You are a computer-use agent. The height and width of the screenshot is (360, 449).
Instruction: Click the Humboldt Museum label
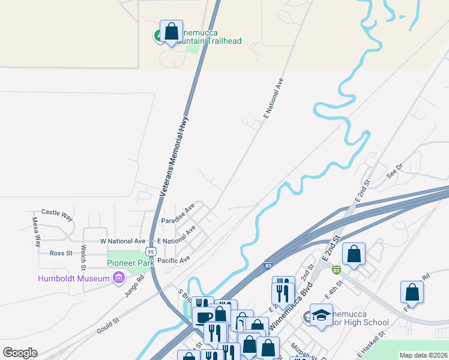(73, 278)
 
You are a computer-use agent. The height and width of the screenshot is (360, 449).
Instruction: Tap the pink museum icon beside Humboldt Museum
(118, 278)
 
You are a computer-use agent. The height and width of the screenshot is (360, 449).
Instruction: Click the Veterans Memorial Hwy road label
(174, 157)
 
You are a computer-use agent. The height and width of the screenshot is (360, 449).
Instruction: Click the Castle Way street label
(56, 212)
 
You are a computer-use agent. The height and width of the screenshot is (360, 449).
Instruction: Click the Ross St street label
(61, 253)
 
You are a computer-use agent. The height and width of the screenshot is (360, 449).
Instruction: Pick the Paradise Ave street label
(178, 215)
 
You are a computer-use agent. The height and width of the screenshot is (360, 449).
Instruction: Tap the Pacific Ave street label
(173, 260)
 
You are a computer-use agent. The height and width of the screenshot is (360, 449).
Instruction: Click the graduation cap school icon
(321, 316)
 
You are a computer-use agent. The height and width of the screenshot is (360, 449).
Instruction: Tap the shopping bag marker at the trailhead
(171, 31)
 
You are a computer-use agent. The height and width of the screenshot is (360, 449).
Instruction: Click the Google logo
(20, 353)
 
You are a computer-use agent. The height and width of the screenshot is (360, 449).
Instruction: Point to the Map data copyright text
(423, 355)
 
